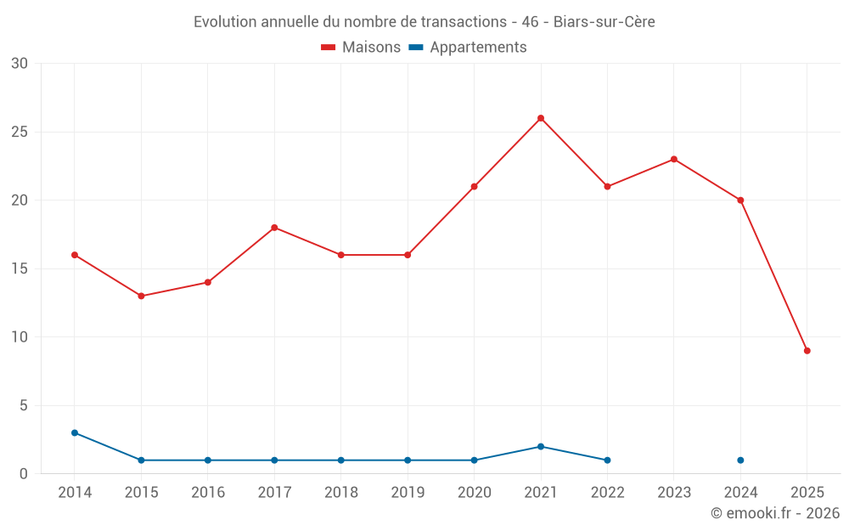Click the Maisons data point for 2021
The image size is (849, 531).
[541, 118]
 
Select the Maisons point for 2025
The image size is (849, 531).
[807, 351]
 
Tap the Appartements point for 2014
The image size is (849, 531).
[75, 432]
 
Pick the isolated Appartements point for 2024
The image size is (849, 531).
[740, 460]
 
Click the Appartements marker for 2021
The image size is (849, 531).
[541, 447]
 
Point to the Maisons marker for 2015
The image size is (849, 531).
[141, 296]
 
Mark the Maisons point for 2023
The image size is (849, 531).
[674, 159]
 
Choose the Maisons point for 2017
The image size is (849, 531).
[274, 228]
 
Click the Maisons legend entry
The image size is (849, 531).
[361, 48]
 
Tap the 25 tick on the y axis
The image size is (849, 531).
[20, 132]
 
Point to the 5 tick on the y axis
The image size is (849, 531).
[24, 405]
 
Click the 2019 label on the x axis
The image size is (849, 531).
[408, 493]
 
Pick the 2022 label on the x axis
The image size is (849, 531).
[607, 493]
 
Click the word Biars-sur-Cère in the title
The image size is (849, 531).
[604, 22]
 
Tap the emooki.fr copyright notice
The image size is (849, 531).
[775, 513]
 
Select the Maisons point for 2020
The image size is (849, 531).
[474, 186]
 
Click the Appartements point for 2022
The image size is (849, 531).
[607, 460]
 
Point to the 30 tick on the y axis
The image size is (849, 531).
[20, 64]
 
